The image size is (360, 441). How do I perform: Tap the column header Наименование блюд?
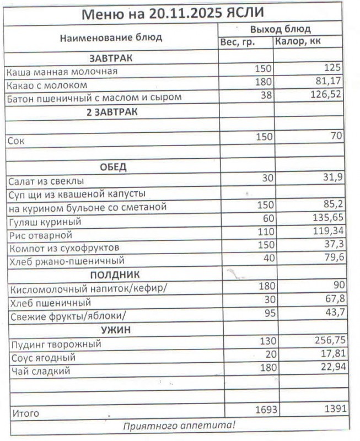coord(111,37)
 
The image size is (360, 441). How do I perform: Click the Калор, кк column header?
coord(298,41)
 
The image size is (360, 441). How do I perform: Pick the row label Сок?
coord(16,141)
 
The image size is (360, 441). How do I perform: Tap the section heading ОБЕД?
coord(113,167)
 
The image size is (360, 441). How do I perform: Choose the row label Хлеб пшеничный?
coord(51,303)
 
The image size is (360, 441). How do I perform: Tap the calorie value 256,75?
coord(329,342)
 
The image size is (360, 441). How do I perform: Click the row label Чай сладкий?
coord(41,372)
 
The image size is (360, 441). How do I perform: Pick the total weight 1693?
coord(267,410)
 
